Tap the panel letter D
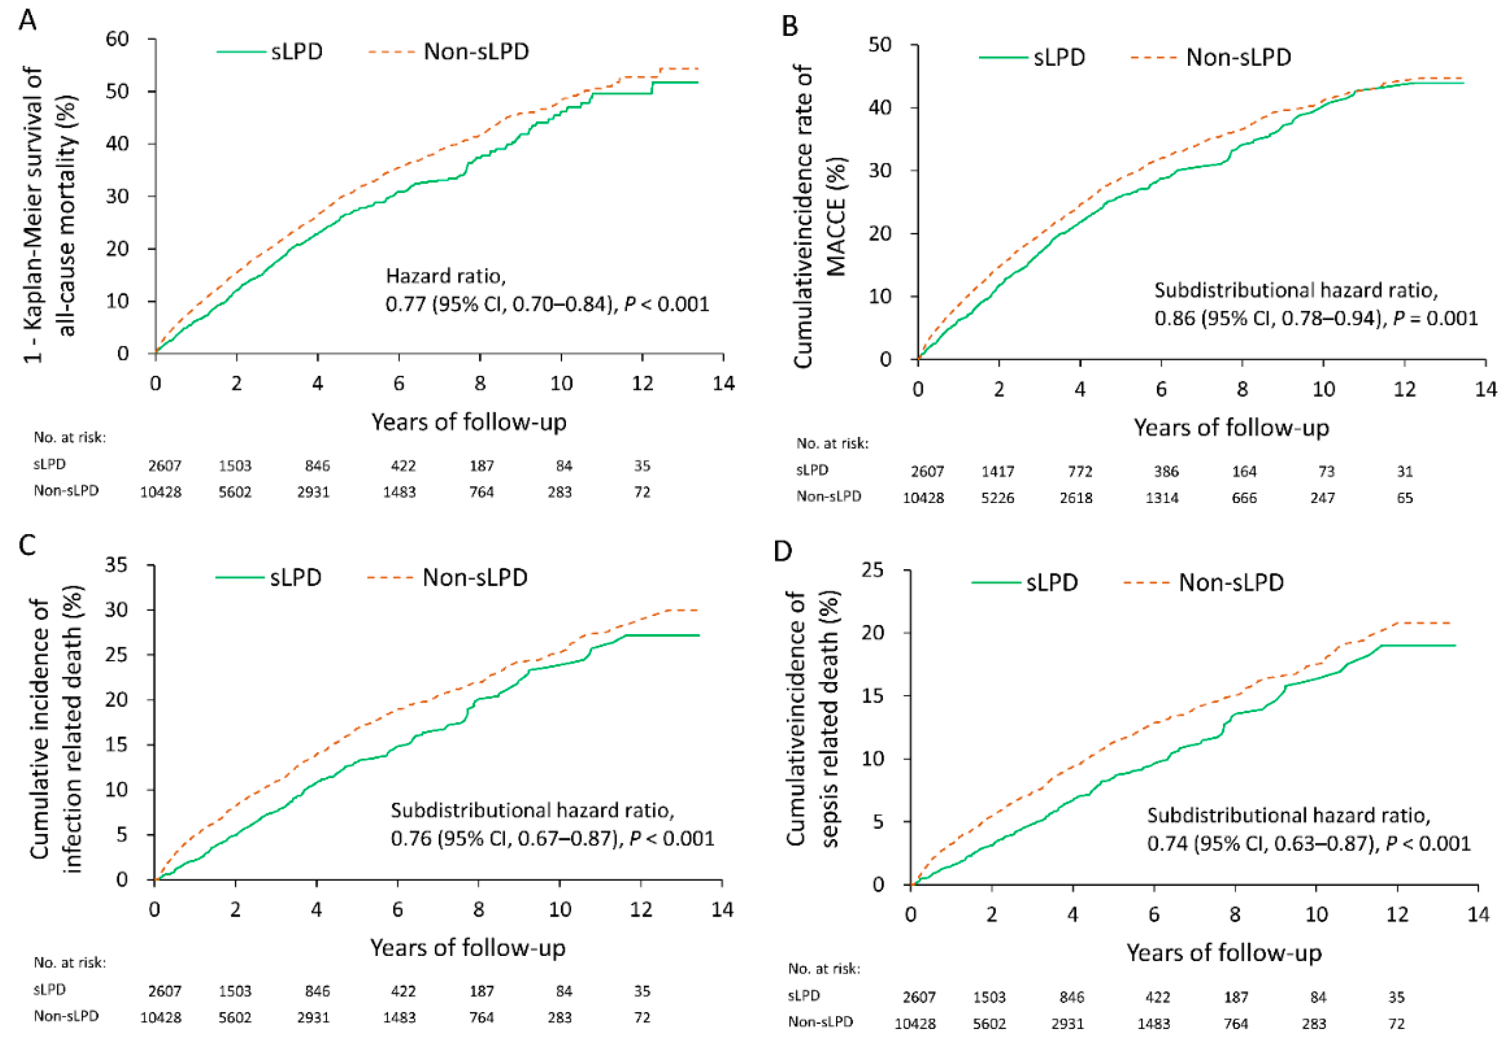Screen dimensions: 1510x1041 click(x=783, y=551)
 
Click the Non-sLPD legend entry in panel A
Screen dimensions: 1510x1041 click(x=449, y=51)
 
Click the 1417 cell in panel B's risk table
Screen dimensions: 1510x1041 click(x=998, y=471)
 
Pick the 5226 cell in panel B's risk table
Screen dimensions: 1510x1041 click(x=998, y=498)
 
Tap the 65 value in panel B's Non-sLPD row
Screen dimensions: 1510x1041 click(x=1405, y=498)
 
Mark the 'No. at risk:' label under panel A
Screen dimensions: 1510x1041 click(x=70, y=437)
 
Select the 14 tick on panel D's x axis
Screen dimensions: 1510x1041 click(x=1478, y=915)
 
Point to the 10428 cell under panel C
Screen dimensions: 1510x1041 click(x=161, y=1017)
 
